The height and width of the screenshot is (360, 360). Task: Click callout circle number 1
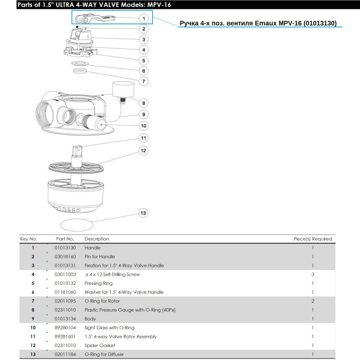(143, 18)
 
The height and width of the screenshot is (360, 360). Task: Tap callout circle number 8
(143, 103)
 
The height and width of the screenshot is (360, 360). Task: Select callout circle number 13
(143, 213)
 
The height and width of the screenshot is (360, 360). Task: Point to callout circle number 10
(143, 125)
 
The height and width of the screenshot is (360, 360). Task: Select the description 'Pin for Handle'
(100, 257)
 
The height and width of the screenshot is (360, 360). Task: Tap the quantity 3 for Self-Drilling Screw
(312, 275)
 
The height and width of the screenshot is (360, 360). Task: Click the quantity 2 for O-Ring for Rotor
(312, 301)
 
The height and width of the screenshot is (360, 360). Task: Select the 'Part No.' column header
(65, 239)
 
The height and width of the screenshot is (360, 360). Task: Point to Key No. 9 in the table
(33, 319)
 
